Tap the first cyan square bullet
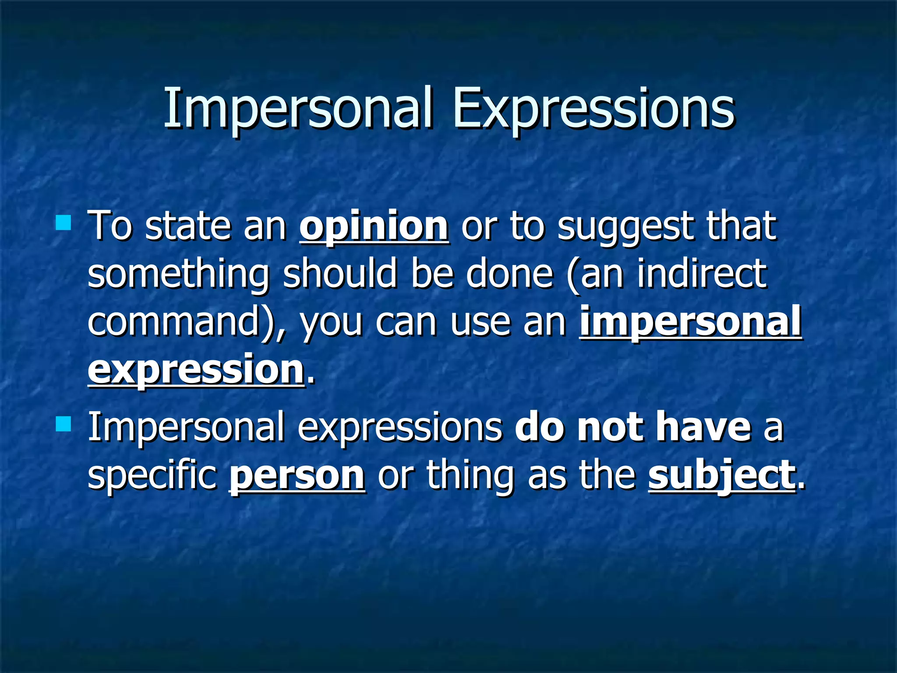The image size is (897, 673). (x=64, y=222)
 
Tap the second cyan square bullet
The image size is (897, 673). (x=64, y=424)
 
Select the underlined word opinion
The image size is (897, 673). (x=374, y=226)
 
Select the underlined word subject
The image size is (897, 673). (x=722, y=475)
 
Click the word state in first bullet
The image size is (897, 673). (x=187, y=226)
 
